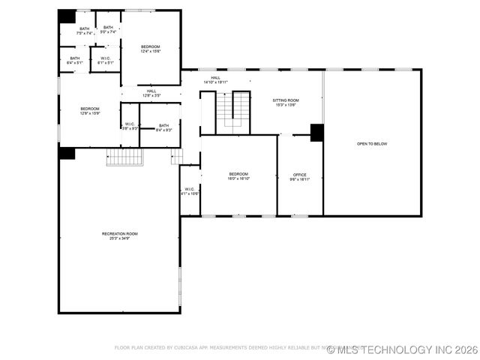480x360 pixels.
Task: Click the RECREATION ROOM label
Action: coord(120,233)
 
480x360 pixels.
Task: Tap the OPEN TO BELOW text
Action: coord(372,144)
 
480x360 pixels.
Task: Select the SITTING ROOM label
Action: coord(285,100)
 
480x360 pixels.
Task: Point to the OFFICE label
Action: coord(299,175)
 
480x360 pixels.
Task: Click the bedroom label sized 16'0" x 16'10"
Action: coord(238,174)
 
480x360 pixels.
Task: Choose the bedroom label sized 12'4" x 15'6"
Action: coord(151,46)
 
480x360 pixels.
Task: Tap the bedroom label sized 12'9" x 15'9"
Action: coord(90,109)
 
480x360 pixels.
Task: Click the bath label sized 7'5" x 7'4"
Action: coord(84,29)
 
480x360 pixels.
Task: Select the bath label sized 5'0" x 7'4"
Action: coord(108,28)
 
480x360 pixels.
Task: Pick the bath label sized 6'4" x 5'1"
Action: coord(75,58)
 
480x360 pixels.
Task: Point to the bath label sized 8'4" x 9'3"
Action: coord(163,125)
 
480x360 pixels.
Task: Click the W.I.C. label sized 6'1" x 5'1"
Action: coord(105,58)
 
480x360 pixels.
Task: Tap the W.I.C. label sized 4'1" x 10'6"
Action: coord(190,189)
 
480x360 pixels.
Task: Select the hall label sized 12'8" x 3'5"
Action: coord(151,91)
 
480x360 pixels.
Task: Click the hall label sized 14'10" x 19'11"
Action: coord(215,78)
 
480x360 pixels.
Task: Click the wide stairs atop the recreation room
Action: coord(124,157)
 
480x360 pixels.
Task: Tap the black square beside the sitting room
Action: coord(316,132)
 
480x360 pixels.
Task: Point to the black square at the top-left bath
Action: coord(67,16)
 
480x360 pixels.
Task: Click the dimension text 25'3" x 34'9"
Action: coord(120,238)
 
